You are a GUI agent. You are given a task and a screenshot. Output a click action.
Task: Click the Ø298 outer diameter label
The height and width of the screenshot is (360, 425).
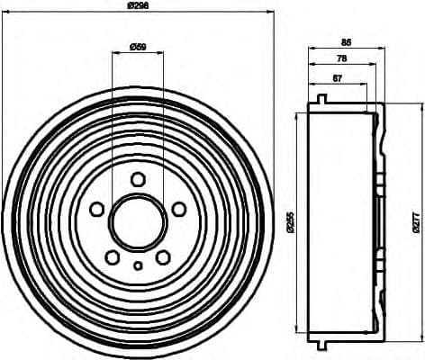coord(137,6)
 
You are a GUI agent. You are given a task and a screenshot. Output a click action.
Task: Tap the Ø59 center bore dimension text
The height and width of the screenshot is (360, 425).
coord(138,45)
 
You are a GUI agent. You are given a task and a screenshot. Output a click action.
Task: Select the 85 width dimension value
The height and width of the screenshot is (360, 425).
coord(347,40)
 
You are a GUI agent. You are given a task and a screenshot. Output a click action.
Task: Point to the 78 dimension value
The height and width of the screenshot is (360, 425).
coord(340,58)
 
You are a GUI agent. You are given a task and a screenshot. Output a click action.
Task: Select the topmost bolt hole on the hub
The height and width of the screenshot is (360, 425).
coord(137,179)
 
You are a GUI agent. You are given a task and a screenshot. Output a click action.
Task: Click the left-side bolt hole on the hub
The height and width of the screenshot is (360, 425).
coord(96,209)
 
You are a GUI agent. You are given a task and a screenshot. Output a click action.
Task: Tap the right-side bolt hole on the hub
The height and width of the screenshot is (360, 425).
coord(178,209)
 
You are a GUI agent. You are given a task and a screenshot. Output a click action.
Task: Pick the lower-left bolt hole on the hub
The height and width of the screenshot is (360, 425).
coord(112,256)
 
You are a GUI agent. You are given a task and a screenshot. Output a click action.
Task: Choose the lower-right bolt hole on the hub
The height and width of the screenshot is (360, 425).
coord(163,256)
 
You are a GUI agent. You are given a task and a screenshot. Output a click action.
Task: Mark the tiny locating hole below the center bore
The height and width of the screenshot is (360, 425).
coord(137,265)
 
